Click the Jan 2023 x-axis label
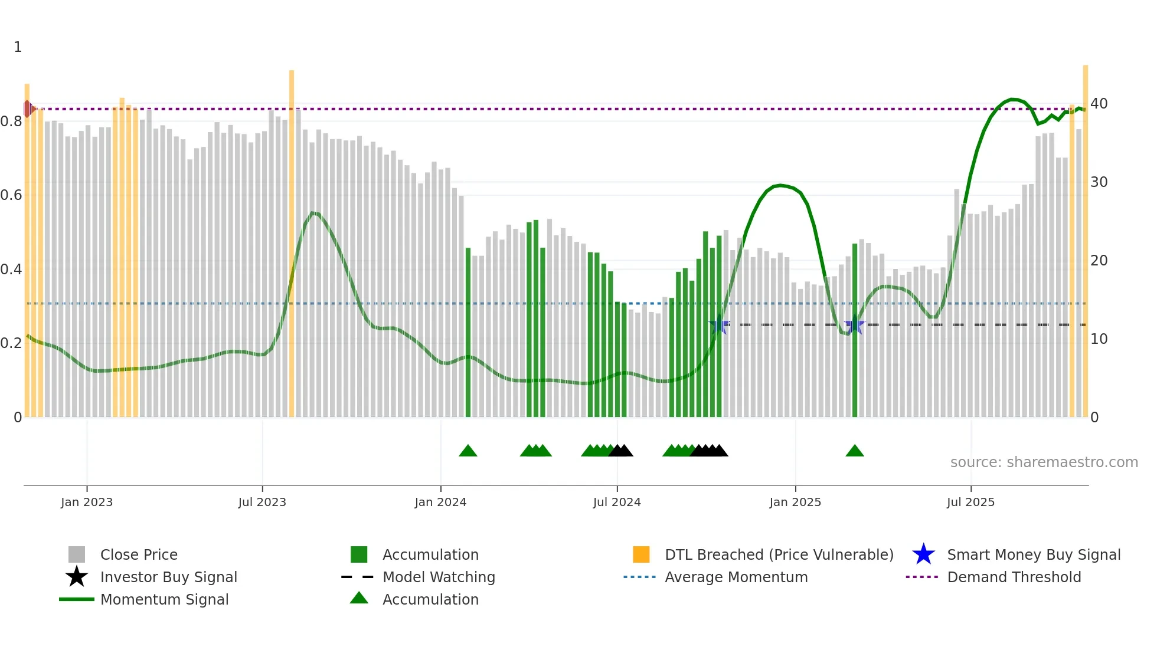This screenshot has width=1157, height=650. tap(87, 502)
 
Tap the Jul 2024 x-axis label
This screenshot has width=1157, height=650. tap(617, 502)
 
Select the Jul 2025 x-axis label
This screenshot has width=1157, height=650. tap(970, 502)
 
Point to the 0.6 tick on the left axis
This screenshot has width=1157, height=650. tap(11, 195)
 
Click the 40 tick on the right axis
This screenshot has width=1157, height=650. tap(1099, 104)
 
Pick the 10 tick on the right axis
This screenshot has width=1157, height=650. tap(1099, 339)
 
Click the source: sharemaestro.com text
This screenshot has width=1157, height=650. tap(1044, 462)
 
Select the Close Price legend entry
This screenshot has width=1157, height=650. tap(139, 554)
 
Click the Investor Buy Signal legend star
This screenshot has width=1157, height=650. tap(77, 577)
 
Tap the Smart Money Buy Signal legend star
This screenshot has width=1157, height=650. tap(923, 554)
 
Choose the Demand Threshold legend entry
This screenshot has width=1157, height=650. tap(1014, 577)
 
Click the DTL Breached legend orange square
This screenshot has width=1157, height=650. tap(641, 554)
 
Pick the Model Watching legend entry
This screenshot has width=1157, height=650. tap(438, 577)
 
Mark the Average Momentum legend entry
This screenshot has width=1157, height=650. tap(736, 577)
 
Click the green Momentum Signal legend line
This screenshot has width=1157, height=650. tap(77, 599)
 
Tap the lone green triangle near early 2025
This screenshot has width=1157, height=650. tap(855, 451)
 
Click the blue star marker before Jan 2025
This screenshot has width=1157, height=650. tap(718, 325)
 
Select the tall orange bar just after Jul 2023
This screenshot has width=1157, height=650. tap(292, 236)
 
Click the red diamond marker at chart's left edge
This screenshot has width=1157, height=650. tap(28, 109)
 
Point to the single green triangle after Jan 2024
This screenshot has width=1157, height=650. tap(468, 451)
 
